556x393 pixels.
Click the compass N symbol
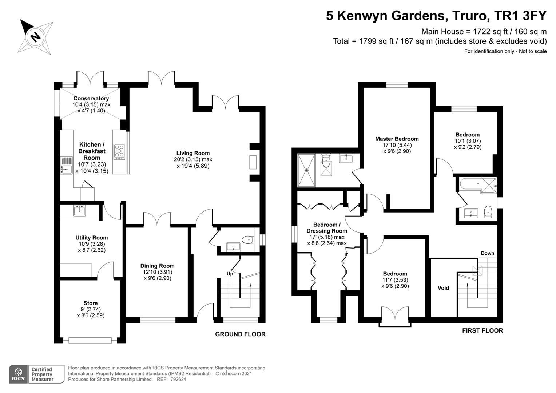36,37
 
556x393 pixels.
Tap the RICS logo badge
18,374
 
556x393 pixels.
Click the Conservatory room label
91,98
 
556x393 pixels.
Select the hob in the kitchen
119,152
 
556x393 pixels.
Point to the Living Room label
193,153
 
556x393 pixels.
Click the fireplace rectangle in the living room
253,162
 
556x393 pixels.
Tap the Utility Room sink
79,210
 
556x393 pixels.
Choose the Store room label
91,303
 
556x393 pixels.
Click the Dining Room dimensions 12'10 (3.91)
157,272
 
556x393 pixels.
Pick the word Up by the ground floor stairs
230,274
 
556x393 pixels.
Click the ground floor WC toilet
247,240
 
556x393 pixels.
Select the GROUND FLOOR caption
240,334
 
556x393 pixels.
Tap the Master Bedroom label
397,139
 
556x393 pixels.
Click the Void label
443,288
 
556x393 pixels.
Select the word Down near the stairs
488,253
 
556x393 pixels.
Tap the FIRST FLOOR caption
482,330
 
